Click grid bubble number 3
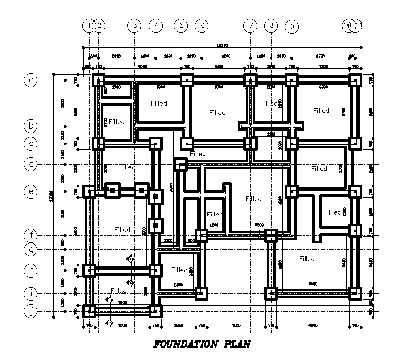tap(134, 25)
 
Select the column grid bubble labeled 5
tap(181, 25)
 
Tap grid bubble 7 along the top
tap(250, 25)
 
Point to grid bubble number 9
tap(292, 26)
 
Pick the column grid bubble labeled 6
tap(201, 25)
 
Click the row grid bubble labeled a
tap(31, 80)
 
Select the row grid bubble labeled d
tap(31, 164)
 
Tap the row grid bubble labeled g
tap(31, 250)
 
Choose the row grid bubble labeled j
tap(31, 311)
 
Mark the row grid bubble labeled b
tap(31, 126)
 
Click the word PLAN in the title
tap(234, 344)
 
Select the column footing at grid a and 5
tap(187, 80)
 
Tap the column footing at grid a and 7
tap(250, 80)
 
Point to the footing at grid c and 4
tap(155, 144)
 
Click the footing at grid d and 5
tap(181, 164)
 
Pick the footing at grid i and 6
tap(201, 293)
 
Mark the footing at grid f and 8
tap(271, 236)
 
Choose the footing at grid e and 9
tap(292, 192)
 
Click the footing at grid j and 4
tap(155, 311)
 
